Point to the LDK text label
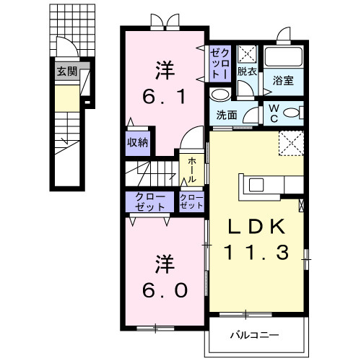256,227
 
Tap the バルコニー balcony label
253,335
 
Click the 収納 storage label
138,143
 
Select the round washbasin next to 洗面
220,95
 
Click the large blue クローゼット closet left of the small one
149,201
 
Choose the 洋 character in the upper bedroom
163,71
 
